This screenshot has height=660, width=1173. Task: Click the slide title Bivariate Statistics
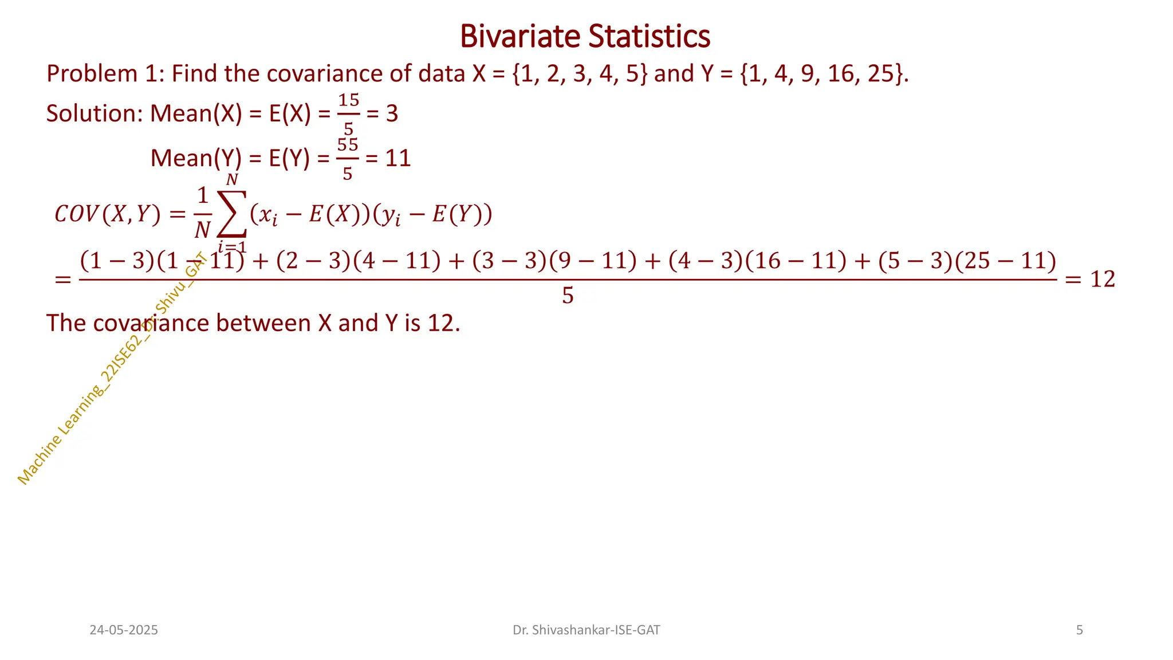pyautogui.click(x=585, y=36)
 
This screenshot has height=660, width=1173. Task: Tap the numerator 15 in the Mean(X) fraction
pyautogui.click(x=348, y=101)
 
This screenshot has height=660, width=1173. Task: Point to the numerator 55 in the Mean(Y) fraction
pyautogui.click(x=348, y=145)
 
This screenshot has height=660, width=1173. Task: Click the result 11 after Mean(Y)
pyautogui.click(x=397, y=159)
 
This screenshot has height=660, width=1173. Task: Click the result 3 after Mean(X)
pyautogui.click(x=392, y=114)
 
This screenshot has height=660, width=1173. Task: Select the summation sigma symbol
pyautogui.click(x=231, y=213)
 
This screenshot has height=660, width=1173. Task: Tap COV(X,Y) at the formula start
pyautogui.click(x=107, y=215)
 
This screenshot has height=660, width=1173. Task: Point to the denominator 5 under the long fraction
pyautogui.click(x=568, y=296)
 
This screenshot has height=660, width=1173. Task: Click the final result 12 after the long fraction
pyautogui.click(x=1103, y=280)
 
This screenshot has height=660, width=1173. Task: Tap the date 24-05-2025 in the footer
pyautogui.click(x=124, y=630)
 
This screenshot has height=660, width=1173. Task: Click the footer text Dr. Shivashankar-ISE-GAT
pyautogui.click(x=586, y=630)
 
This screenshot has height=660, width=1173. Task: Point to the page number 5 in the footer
pyautogui.click(x=1079, y=630)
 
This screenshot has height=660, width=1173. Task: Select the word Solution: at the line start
pyautogui.click(x=94, y=114)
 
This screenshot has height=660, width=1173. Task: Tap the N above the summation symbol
pyautogui.click(x=231, y=180)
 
